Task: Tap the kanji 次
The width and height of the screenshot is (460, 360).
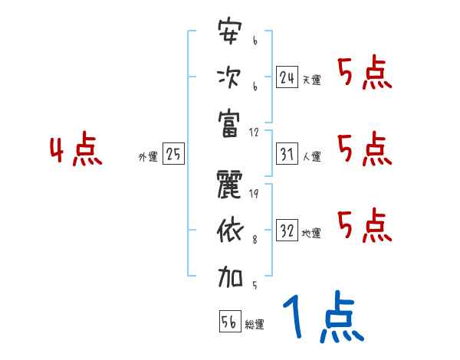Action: point(228,77)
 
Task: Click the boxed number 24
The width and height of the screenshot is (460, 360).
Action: point(287,77)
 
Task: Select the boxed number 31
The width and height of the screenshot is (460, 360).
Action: point(287,155)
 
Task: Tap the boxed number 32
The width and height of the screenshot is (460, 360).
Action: point(287,231)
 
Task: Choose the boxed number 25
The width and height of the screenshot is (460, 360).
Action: point(173,155)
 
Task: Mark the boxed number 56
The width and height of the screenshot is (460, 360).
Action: point(228,322)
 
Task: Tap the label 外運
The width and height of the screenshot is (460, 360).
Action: point(148,157)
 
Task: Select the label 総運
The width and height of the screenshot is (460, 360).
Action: point(255,325)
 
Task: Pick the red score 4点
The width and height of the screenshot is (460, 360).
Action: point(77,151)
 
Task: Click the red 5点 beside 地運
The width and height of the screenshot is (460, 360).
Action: point(365,225)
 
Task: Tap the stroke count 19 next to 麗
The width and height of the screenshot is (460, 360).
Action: point(254,194)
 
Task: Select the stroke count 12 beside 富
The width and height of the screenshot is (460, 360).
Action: point(255,131)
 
